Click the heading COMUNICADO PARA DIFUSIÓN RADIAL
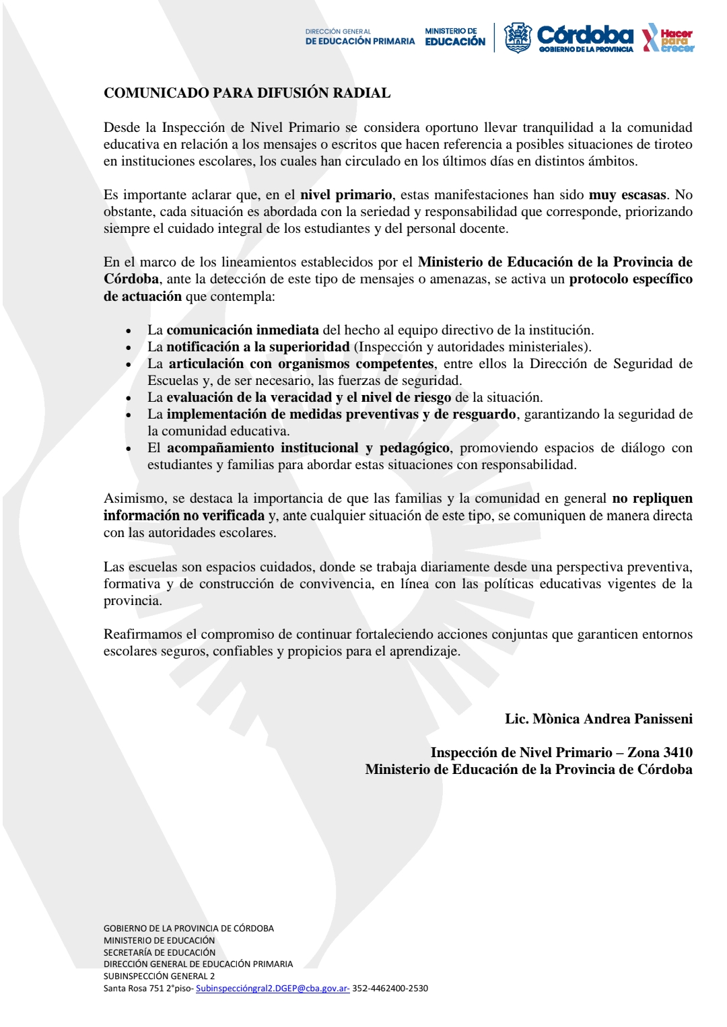tap(247, 93)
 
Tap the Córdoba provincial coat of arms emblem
tap(518, 38)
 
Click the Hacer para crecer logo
tap(668, 39)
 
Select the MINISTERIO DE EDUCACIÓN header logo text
tap(454, 37)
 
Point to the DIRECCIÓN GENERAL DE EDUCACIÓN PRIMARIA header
tap(359, 37)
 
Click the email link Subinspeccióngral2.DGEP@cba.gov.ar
tap(272, 988)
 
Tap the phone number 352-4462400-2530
tap(390, 988)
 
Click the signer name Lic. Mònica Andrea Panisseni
tap(598, 719)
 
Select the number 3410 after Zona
tap(678, 752)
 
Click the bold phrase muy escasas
tap(627, 194)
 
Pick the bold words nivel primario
tap(346, 194)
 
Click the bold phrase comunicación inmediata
tap(242, 330)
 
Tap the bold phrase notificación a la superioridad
tap(258, 347)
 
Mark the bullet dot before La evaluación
tap(129, 398)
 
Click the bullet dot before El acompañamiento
tap(129, 449)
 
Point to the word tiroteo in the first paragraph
tap(673, 144)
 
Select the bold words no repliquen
tap(652, 498)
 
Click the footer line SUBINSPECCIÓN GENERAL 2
tap(159, 976)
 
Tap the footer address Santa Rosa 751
tap(134, 988)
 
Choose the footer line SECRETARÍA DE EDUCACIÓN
tap(160, 952)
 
